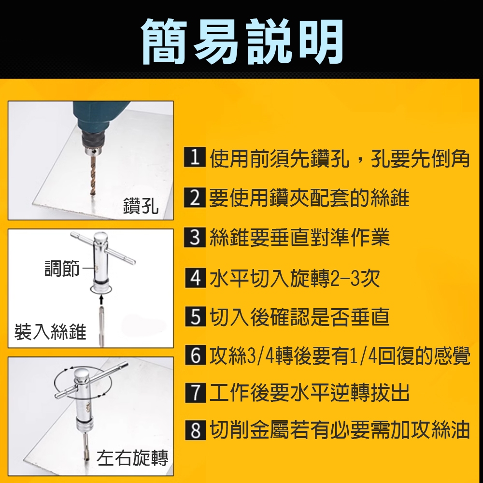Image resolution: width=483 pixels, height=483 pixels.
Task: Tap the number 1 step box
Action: pos(194,159)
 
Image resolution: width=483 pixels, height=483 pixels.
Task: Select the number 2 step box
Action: pos(194,198)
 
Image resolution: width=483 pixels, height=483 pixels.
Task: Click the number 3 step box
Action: pos(194,238)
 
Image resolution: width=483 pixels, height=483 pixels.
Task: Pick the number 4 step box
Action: pos(194,278)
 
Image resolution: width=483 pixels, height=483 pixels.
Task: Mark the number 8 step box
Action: pos(194,430)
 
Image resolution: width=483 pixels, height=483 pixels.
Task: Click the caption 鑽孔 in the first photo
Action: pos(141,206)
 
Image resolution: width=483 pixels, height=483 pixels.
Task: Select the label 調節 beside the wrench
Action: pos(62,269)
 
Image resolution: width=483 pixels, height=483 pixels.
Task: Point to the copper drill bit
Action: pos(92,174)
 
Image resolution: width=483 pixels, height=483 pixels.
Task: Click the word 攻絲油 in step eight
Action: pos(440,430)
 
